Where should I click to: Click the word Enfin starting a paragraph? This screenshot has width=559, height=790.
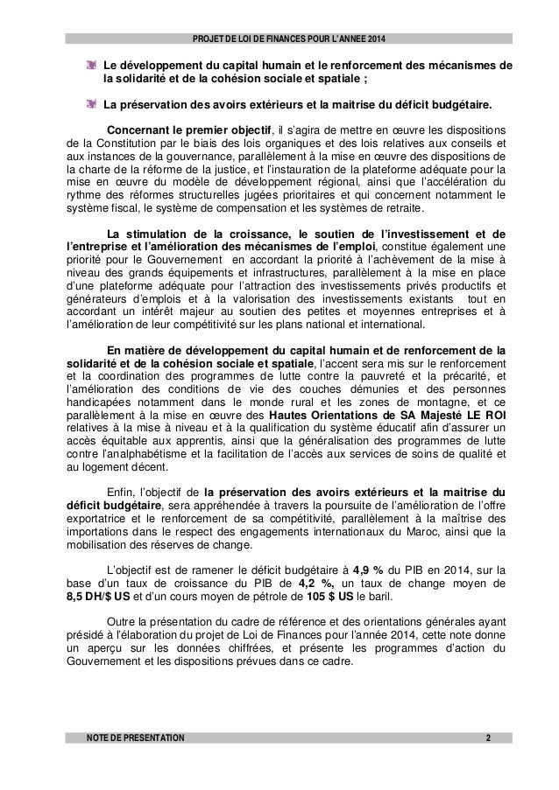pos(117,493)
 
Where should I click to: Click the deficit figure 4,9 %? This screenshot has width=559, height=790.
pos(356,570)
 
